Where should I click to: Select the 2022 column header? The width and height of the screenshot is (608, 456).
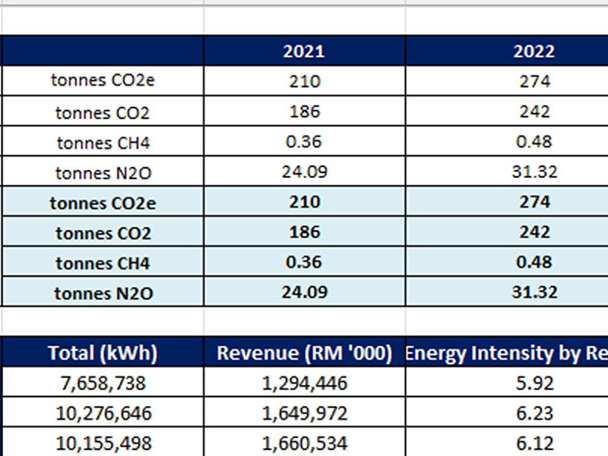click(x=534, y=51)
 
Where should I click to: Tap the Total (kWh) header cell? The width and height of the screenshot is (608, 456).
click(x=103, y=353)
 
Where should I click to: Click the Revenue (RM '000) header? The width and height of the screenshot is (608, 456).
click(x=305, y=353)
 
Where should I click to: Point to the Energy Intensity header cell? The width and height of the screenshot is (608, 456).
click(x=506, y=353)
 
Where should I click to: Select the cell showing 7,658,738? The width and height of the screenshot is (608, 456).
click(x=103, y=383)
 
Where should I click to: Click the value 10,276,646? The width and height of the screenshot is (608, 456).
click(x=103, y=413)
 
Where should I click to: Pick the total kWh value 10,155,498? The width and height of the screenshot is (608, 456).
click(x=103, y=443)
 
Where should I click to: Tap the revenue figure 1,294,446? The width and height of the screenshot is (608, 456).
click(x=305, y=383)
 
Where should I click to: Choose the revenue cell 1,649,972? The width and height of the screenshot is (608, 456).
click(x=305, y=413)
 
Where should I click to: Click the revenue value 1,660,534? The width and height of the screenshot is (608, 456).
click(x=305, y=443)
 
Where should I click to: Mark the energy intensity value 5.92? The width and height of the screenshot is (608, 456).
click(x=534, y=383)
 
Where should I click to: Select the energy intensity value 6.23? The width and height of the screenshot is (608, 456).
click(x=534, y=413)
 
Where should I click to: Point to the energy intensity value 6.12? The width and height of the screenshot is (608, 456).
click(x=534, y=443)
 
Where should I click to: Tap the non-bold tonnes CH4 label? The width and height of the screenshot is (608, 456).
click(x=103, y=143)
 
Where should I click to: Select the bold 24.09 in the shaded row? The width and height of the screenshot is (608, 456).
click(x=305, y=292)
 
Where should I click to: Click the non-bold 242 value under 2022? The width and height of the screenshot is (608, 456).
click(x=534, y=112)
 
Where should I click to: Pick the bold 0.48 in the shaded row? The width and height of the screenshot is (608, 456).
click(x=534, y=261)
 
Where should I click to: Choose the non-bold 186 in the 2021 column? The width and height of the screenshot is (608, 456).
click(x=305, y=112)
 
